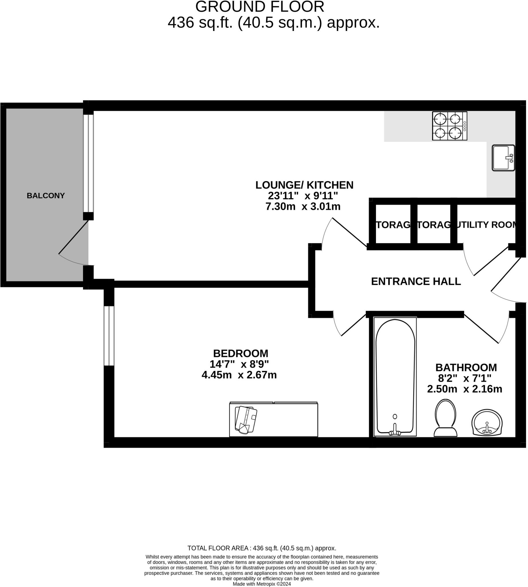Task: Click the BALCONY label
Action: [46, 196]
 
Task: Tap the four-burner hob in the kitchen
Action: [449, 126]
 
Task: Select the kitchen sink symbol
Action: [503, 158]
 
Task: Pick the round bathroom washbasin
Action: [487, 422]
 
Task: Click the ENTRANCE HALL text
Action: [416, 281]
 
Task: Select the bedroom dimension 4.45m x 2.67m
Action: [239, 375]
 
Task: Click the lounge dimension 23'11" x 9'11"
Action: [303, 196]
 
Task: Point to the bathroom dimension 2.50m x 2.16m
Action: [464, 389]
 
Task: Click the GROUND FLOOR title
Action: [260, 7]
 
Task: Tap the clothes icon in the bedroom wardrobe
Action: [246, 420]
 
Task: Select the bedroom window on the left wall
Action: [109, 336]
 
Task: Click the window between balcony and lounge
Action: [88, 163]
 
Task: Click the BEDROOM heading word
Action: [241, 353]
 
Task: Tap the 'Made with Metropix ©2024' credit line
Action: [262, 584]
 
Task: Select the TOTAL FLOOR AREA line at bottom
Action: [262, 548]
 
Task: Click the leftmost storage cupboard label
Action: [393, 225]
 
